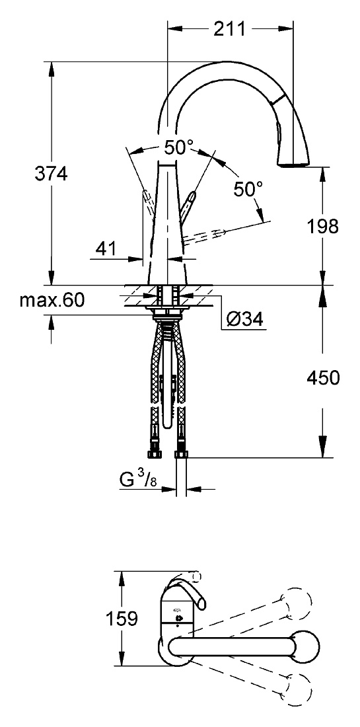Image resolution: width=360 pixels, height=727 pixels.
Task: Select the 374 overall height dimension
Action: coord(51,174)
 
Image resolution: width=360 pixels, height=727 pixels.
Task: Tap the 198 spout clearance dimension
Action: coord(322,226)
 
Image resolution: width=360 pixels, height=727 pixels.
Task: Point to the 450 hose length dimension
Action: coord(323,378)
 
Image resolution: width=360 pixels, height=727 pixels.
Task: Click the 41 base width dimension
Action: coord(107,250)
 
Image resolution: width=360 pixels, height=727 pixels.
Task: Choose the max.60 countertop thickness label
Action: coord(52,301)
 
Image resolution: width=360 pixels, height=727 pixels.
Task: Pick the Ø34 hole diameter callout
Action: coord(244,319)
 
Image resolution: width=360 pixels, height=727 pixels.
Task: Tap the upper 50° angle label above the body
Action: coord(178,147)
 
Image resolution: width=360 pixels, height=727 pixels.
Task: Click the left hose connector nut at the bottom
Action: coord(154,453)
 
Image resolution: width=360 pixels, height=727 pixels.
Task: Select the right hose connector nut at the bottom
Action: coord(181,453)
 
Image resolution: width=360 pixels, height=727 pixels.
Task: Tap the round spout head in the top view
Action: coord(304,646)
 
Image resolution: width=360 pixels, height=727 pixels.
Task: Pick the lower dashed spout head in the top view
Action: coord(297,687)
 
